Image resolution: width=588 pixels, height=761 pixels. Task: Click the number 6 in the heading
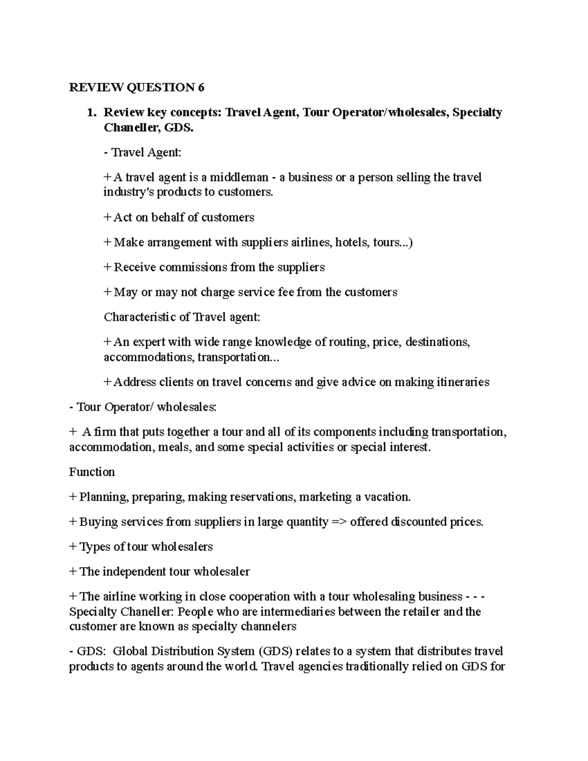click(x=200, y=88)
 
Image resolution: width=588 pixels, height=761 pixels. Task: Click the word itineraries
click(x=463, y=382)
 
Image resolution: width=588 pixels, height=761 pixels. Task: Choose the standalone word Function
click(x=92, y=472)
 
